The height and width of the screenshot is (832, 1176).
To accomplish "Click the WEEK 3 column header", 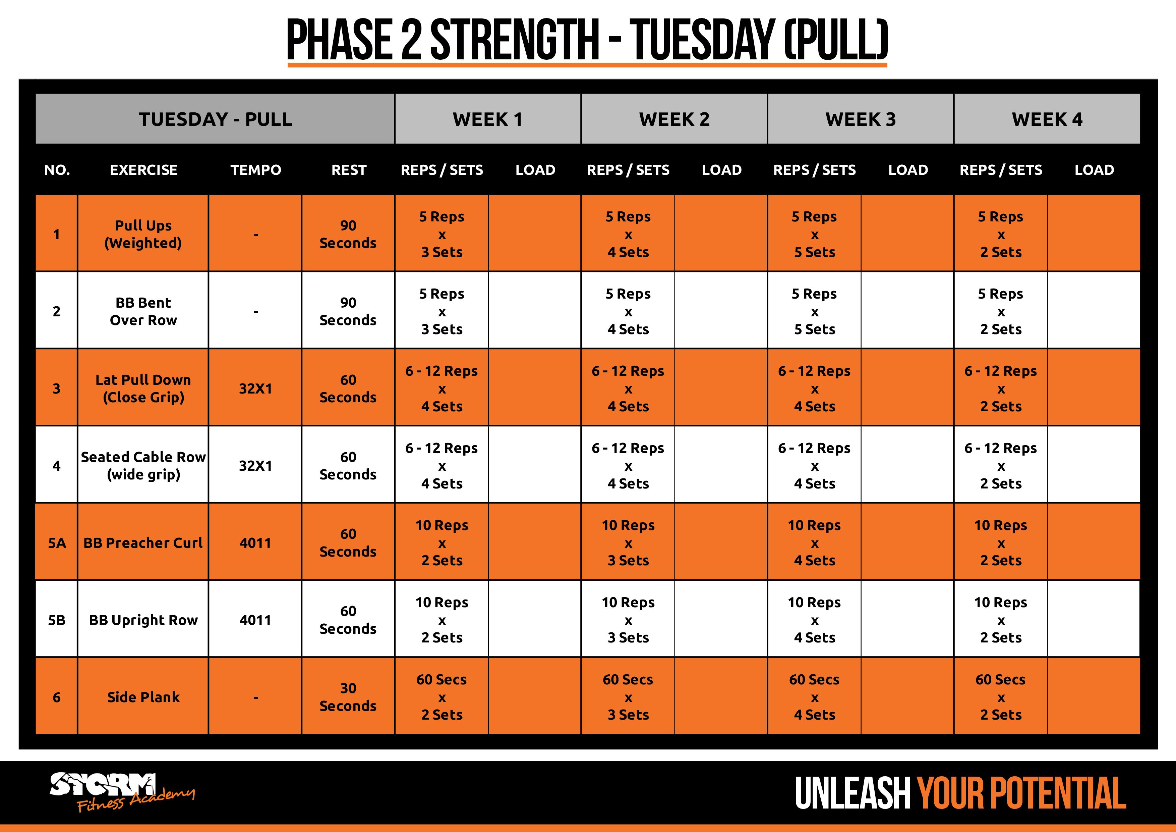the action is tap(861, 119).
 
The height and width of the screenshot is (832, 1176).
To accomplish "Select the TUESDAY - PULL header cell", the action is tap(215, 119).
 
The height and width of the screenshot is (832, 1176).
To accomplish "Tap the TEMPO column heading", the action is tap(255, 170).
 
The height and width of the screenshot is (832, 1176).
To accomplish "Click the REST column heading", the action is tap(349, 170).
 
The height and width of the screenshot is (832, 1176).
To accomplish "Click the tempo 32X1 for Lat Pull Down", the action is tap(255, 388).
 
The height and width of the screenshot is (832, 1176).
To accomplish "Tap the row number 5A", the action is tap(57, 543).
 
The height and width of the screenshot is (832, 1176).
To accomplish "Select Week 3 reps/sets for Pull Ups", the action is tap(814, 234).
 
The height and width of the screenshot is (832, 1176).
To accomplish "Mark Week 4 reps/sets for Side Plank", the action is tap(1001, 697).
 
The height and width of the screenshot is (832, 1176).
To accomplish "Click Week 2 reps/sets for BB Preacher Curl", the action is tap(628, 542).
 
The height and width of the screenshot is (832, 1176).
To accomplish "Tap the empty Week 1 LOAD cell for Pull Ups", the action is tap(535, 234).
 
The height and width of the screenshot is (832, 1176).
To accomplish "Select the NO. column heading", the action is tap(57, 170).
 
